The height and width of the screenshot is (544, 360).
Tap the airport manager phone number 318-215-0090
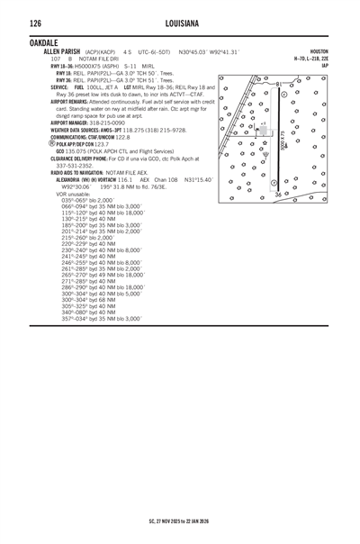click(104, 122)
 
